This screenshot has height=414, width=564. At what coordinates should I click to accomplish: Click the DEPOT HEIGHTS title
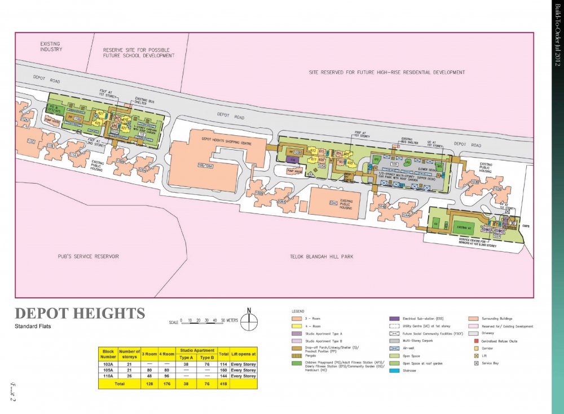[80, 314]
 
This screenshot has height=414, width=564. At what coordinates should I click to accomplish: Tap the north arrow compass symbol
[249, 320]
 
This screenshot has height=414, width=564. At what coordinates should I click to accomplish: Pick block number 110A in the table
[108, 376]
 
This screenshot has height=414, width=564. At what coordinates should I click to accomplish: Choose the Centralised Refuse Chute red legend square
[476, 341]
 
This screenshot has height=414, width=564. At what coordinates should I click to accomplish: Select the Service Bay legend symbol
[476, 363]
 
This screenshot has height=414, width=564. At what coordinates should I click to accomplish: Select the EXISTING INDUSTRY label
[51, 46]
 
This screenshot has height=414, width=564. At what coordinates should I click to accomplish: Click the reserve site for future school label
[139, 53]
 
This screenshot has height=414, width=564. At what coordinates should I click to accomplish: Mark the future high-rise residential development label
[387, 73]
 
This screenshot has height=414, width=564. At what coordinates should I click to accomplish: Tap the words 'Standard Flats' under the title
[34, 327]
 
